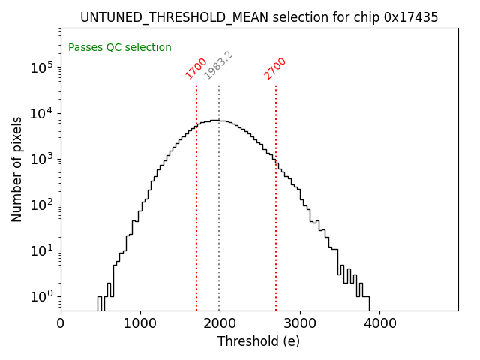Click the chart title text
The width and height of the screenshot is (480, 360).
point(259,17)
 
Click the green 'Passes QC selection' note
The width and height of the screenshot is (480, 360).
point(120,47)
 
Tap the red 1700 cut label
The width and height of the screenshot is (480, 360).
point(196,68)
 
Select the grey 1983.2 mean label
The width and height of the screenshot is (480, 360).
point(219,66)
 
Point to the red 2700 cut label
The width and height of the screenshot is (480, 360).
point(275,68)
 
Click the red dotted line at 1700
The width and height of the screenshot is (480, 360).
point(196,225)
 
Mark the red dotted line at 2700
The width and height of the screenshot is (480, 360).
point(276,225)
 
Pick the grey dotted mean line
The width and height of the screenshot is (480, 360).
point(219,225)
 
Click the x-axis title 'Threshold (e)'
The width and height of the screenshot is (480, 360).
point(259,341)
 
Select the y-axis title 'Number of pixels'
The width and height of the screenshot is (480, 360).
point(17,169)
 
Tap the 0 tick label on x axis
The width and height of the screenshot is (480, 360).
point(61,323)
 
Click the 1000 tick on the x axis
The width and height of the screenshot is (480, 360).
point(140,323)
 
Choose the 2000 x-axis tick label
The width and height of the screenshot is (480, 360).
point(220,323)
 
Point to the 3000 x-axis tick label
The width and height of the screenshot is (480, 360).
point(300,323)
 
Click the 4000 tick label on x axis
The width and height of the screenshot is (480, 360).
point(379,323)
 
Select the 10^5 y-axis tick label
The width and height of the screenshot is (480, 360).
point(42,67)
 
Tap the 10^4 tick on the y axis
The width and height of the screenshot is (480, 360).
point(42,113)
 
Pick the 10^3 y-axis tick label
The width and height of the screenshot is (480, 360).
point(42,159)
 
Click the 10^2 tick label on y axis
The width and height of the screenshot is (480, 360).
point(42,205)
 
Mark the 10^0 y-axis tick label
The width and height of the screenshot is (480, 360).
point(42,296)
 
